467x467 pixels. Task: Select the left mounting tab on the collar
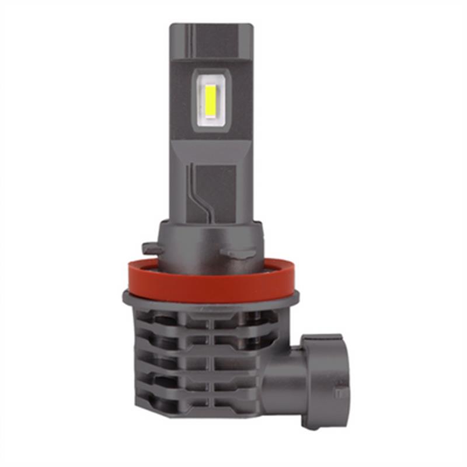pos(152,248)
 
